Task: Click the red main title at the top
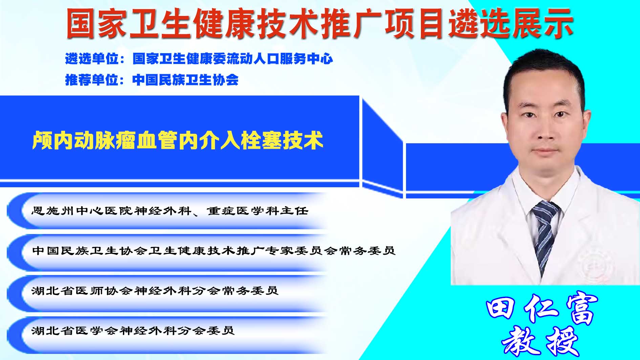click(320, 23)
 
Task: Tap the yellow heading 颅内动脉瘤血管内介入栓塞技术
click(177, 141)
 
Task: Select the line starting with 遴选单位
click(199, 59)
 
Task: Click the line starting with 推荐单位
click(152, 80)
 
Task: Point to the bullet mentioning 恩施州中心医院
click(170, 211)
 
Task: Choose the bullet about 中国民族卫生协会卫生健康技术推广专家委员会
click(214, 251)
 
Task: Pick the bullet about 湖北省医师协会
click(155, 291)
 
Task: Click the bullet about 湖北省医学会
click(133, 330)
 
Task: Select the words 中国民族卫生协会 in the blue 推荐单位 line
click(186, 80)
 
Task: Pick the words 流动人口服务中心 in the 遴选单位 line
click(280, 59)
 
